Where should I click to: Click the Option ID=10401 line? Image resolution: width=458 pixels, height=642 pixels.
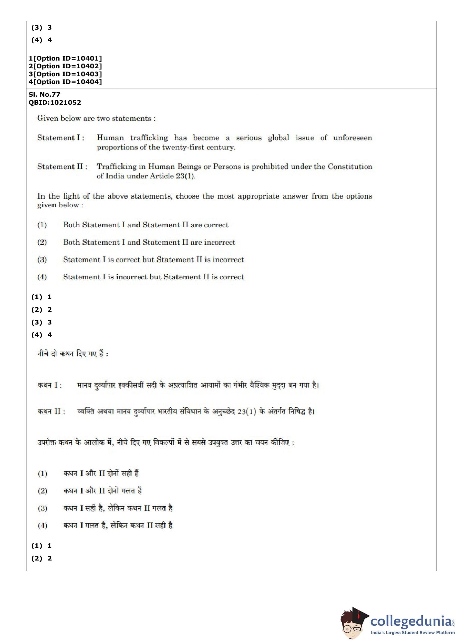[65, 58]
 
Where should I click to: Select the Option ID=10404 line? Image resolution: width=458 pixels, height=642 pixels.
[65, 82]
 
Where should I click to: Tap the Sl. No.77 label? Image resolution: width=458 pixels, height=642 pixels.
[44, 94]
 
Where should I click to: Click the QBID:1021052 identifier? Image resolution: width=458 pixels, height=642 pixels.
[55, 102]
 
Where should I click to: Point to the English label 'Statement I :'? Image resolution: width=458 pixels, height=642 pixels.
[61, 138]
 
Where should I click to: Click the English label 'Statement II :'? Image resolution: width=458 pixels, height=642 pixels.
[62, 166]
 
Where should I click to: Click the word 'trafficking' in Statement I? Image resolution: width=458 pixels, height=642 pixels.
[149, 138]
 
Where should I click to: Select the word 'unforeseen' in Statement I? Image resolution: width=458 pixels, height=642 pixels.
[352, 138]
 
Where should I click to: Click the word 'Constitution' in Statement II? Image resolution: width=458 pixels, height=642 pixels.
[350, 166]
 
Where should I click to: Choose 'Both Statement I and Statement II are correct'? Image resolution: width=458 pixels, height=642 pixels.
[145, 225]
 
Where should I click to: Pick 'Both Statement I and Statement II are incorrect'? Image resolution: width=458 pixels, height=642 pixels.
[149, 242]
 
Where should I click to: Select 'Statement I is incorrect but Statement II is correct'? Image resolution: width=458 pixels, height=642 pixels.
[153, 277]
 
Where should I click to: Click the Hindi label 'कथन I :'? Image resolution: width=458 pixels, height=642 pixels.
[50, 385]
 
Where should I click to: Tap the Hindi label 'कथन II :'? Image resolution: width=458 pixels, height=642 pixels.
[51, 411]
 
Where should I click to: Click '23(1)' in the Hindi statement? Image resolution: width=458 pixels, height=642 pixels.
[246, 411]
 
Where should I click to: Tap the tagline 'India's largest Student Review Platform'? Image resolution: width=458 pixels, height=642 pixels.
[412, 633]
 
